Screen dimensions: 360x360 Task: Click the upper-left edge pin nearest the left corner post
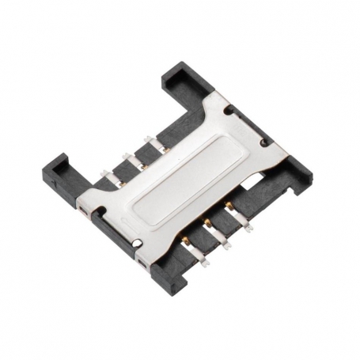coord(109,183)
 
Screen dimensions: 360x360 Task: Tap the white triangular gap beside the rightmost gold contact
coord(250,189)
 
